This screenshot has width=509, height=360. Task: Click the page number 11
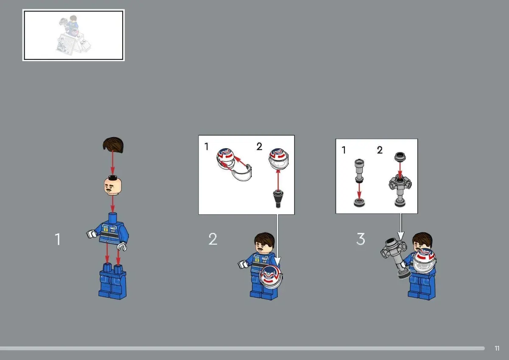coord(497,348)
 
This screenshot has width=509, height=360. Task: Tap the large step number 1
coord(58,239)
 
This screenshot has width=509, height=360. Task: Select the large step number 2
coord(213,239)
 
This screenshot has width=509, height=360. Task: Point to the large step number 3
coord(361,239)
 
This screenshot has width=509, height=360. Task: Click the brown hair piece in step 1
coord(113,145)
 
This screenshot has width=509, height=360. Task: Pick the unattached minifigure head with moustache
coord(113,186)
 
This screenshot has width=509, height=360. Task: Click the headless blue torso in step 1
coord(109,231)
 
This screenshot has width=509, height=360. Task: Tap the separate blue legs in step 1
coord(113,281)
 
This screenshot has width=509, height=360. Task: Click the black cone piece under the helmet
coord(278,199)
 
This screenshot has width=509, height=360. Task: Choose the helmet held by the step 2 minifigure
coord(271,277)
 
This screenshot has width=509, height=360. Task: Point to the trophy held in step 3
coord(394,257)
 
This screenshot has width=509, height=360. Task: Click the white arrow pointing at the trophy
coord(400,227)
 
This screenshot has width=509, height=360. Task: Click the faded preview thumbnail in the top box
coord(74,35)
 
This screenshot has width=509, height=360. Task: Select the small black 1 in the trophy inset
coord(344,150)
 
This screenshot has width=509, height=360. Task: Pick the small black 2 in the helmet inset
coord(259,146)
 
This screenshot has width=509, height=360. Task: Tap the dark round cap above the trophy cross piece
coord(400,157)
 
